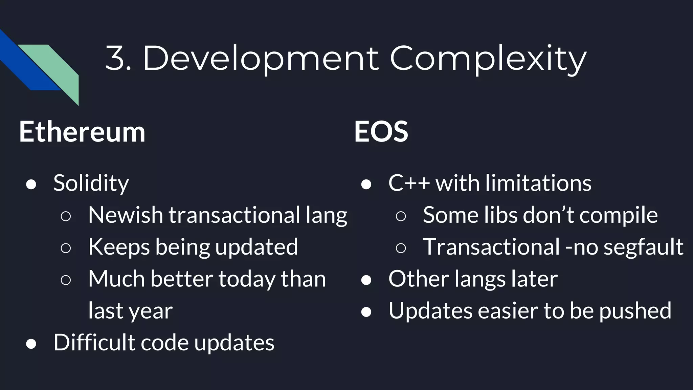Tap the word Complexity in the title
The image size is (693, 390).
[x=488, y=59]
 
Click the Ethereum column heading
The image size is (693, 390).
[x=82, y=132]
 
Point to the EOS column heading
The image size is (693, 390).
[x=381, y=132]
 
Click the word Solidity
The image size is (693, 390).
[x=91, y=183]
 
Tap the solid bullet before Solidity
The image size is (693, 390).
[x=31, y=185]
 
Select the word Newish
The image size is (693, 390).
[x=126, y=215]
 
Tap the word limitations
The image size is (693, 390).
[x=538, y=183]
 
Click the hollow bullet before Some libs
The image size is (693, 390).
[x=401, y=216]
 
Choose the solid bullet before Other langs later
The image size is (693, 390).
[x=366, y=280]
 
